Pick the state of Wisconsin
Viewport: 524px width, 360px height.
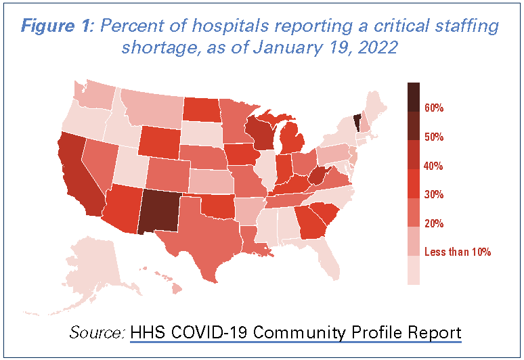coord(260,133)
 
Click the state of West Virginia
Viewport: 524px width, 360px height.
coord(317,177)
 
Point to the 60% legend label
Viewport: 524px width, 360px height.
coord(433,108)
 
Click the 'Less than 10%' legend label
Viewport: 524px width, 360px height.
coord(457,252)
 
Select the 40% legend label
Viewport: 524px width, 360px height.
coord(433,166)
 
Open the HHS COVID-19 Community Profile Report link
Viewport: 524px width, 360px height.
coord(296,333)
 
